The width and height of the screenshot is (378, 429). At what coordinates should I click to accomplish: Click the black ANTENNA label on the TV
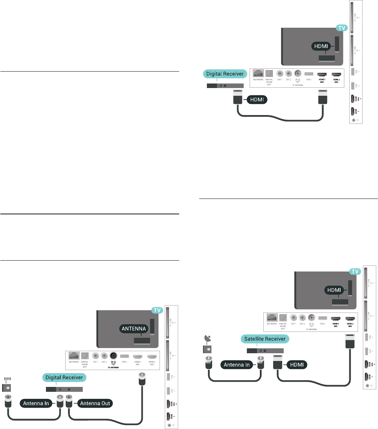tap(134, 329)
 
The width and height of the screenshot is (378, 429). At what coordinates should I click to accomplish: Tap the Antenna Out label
tap(95, 403)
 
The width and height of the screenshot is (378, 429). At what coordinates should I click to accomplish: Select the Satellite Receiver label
tap(265, 339)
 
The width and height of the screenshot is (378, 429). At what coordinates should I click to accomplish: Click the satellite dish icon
tap(207, 339)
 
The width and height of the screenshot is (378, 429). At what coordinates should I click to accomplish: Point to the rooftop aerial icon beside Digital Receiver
tap(7, 380)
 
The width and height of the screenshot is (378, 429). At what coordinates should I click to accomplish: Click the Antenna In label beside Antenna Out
tap(36, 403)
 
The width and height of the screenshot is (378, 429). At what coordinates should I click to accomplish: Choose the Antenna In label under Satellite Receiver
tap(237, 365)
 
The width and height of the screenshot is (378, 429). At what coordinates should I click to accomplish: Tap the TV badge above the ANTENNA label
tap(157, 310)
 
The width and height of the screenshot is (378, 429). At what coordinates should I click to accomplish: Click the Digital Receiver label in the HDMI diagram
tap(225, 74)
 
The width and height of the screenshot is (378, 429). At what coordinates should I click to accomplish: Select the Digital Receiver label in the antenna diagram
tap(64, 377)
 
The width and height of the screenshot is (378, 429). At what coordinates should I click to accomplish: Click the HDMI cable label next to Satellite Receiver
tap(297, 365)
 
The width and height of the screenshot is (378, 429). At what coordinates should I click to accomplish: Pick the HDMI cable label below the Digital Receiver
tap(257, 100)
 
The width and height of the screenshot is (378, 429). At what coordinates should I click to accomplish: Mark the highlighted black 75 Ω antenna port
tap(113, 355)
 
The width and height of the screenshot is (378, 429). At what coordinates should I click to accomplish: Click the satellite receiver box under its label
tap(265, 350)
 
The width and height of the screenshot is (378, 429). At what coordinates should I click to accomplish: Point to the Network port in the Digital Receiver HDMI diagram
tap(258, 74)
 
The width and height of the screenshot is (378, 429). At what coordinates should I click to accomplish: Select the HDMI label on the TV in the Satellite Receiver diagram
tap(334, 290)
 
